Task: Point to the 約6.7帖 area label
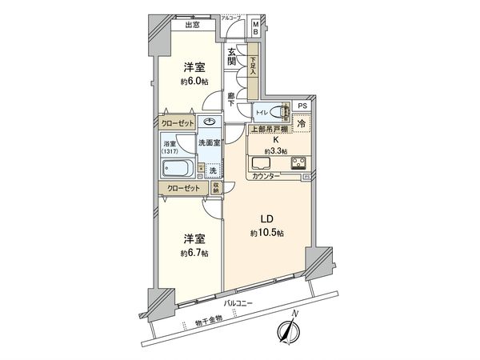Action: click(x=194, y=253)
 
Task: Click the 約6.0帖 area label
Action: click(x=193, y=82)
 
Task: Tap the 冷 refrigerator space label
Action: click(x=301, y=123)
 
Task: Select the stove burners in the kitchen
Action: click(x=303, y=164)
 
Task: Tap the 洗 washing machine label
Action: click(x=212, y=170)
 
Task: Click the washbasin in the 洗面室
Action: click(x=210, y=122)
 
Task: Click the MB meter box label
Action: click(x=256, y=29)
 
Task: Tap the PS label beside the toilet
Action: click(x=301, y=105)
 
